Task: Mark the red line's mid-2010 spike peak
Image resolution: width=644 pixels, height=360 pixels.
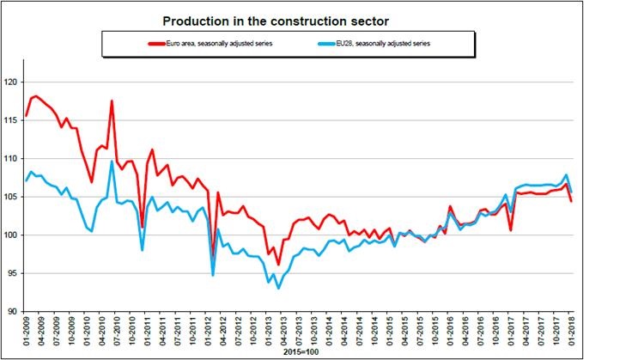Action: pos(112,101)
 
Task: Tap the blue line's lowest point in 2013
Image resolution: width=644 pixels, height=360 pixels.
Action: pos(278,288)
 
